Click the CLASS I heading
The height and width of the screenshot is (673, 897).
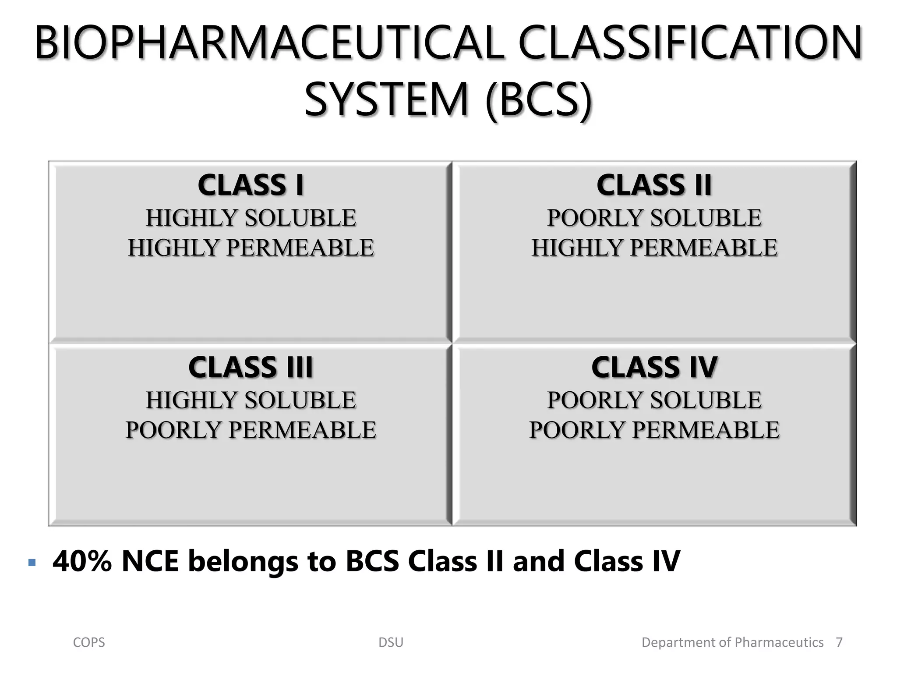click(x=251, y=185)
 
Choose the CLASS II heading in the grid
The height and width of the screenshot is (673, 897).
click(x=654, y=185)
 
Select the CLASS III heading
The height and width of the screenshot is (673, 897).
click(x=251, y=367)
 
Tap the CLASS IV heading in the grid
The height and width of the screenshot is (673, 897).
click(x=654, y=367)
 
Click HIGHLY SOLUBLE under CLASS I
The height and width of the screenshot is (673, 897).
click(x=251, y=218)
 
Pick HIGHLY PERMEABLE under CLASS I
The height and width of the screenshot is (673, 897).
click(x=251, y=248)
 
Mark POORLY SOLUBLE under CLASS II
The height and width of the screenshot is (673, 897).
click(x=654, y=218)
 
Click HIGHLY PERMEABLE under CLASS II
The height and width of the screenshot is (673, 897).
click(x=654, y=248)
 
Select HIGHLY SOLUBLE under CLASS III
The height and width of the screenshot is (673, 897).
click(x=251, y=400)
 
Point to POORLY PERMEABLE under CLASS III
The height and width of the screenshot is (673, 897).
click(x=251, y=430)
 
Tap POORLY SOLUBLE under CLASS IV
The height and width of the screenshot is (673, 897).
click(x=654, y=400)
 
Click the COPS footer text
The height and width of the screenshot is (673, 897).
click(x=89, y=643)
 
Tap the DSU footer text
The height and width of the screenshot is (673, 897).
click(x=391, y=643)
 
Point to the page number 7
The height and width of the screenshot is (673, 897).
click(x=839, y=643)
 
